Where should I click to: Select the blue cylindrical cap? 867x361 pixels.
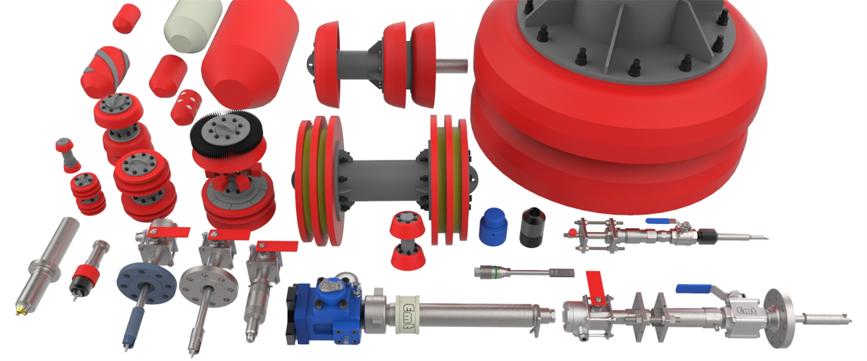494,227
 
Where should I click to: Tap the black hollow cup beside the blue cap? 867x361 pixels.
533,227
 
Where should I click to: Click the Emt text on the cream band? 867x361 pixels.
409,315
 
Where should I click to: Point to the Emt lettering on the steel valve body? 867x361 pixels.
746,310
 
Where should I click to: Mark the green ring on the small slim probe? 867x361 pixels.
497,271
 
